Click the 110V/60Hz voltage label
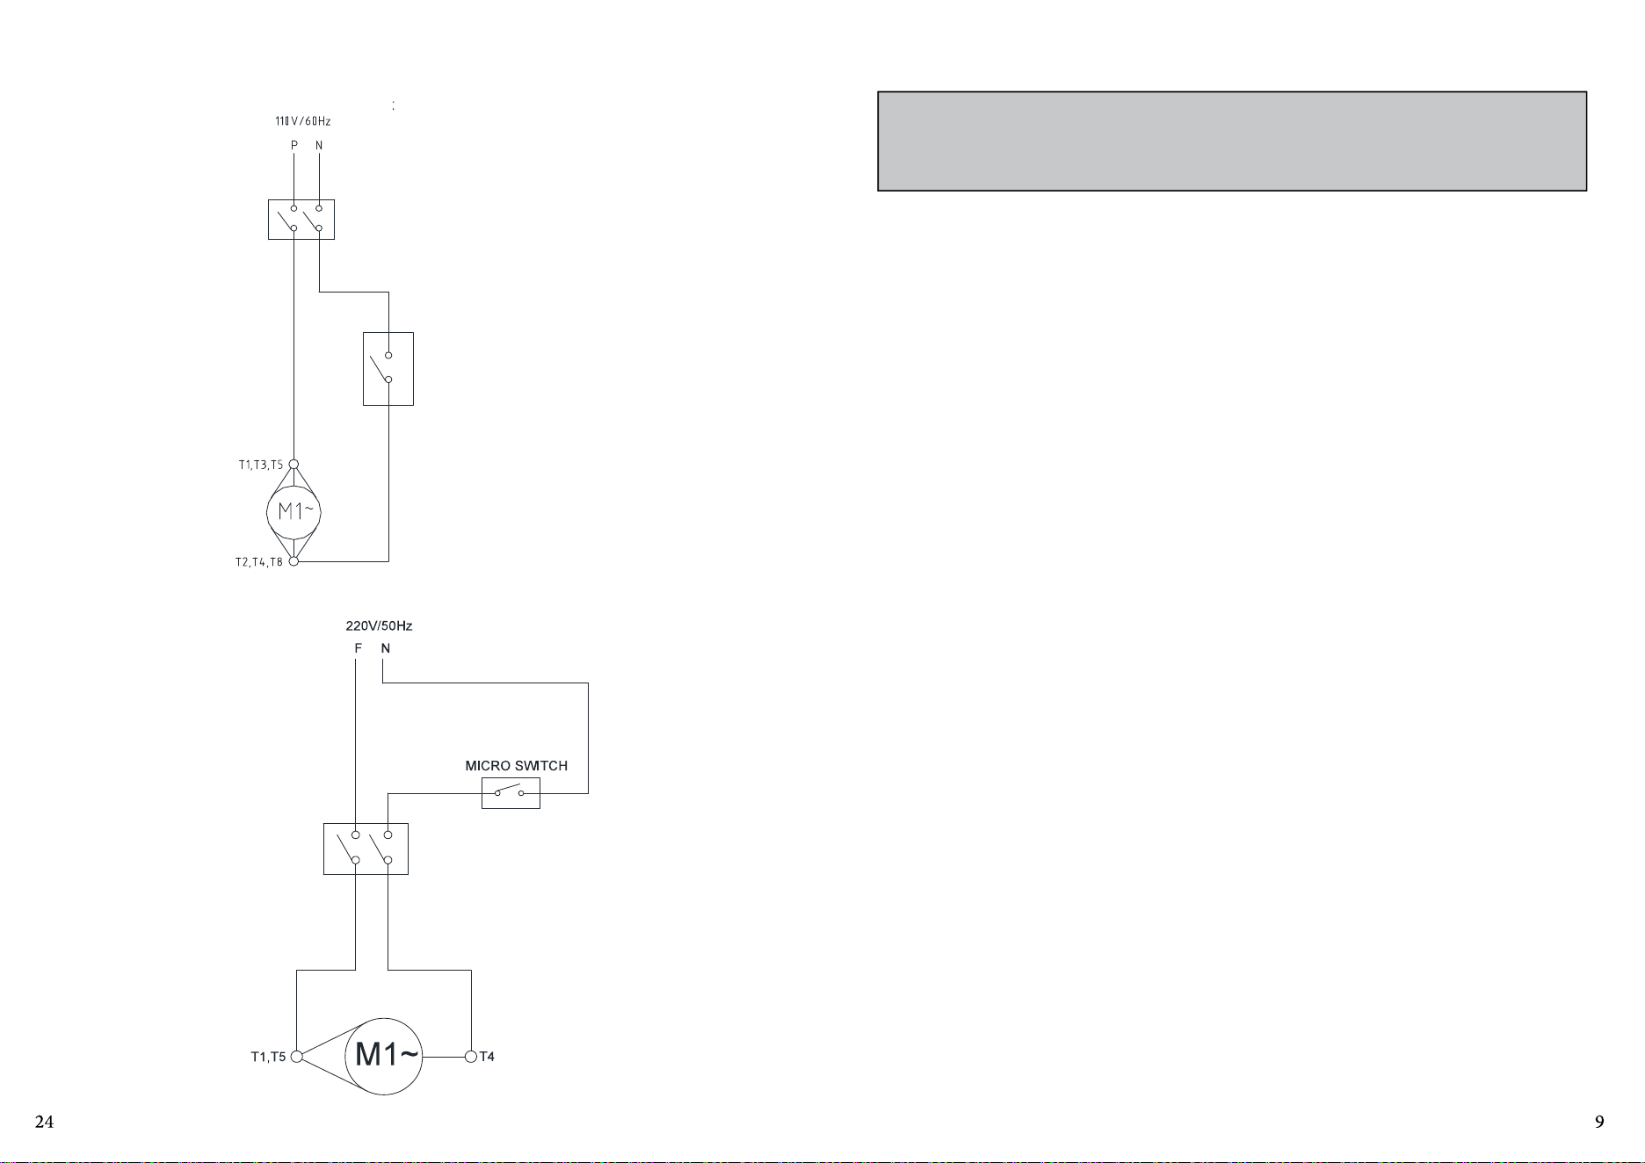pos(303,121)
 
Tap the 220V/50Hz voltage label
pos(379,626)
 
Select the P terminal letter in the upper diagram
pos(294,145)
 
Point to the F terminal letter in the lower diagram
pos(358,648)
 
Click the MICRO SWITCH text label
pos(517,766)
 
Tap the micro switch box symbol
pos(511,793)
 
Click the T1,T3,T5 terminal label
pos(261,465)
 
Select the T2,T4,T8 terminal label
pos(259,562)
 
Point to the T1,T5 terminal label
pos(269,1057)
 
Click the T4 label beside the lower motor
pos(487,1057)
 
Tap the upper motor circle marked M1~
pos(294,511)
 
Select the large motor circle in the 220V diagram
pos(384,1056)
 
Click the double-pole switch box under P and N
pos(301,220)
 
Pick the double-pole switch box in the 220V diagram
pos(366,849)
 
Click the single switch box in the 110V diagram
pos(388,369)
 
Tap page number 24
pos(44,1122)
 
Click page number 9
pos(1599,1122)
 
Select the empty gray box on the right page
pos(1232,141)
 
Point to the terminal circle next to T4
pos(471,1057)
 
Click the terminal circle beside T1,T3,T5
pos(293,465)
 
